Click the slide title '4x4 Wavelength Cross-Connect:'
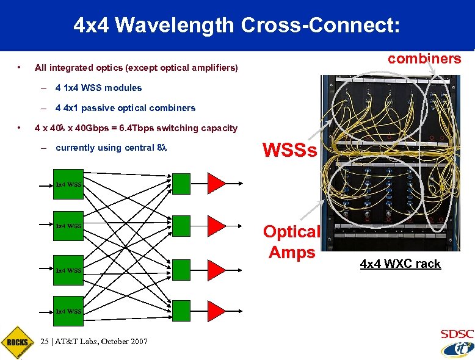coord(237,26)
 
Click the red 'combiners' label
coord(424,59)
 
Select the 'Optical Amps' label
coord(291,242)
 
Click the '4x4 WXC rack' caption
coord(400,264)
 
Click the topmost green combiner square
coord(181,182)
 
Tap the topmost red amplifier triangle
coord(217,182)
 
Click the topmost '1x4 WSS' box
coord(68,184)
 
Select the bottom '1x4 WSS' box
coord(68,311)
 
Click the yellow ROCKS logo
coord(16,342)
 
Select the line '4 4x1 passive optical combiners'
coord(125,108)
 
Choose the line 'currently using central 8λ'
coord(111,148)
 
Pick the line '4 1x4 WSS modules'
coord(98,88)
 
